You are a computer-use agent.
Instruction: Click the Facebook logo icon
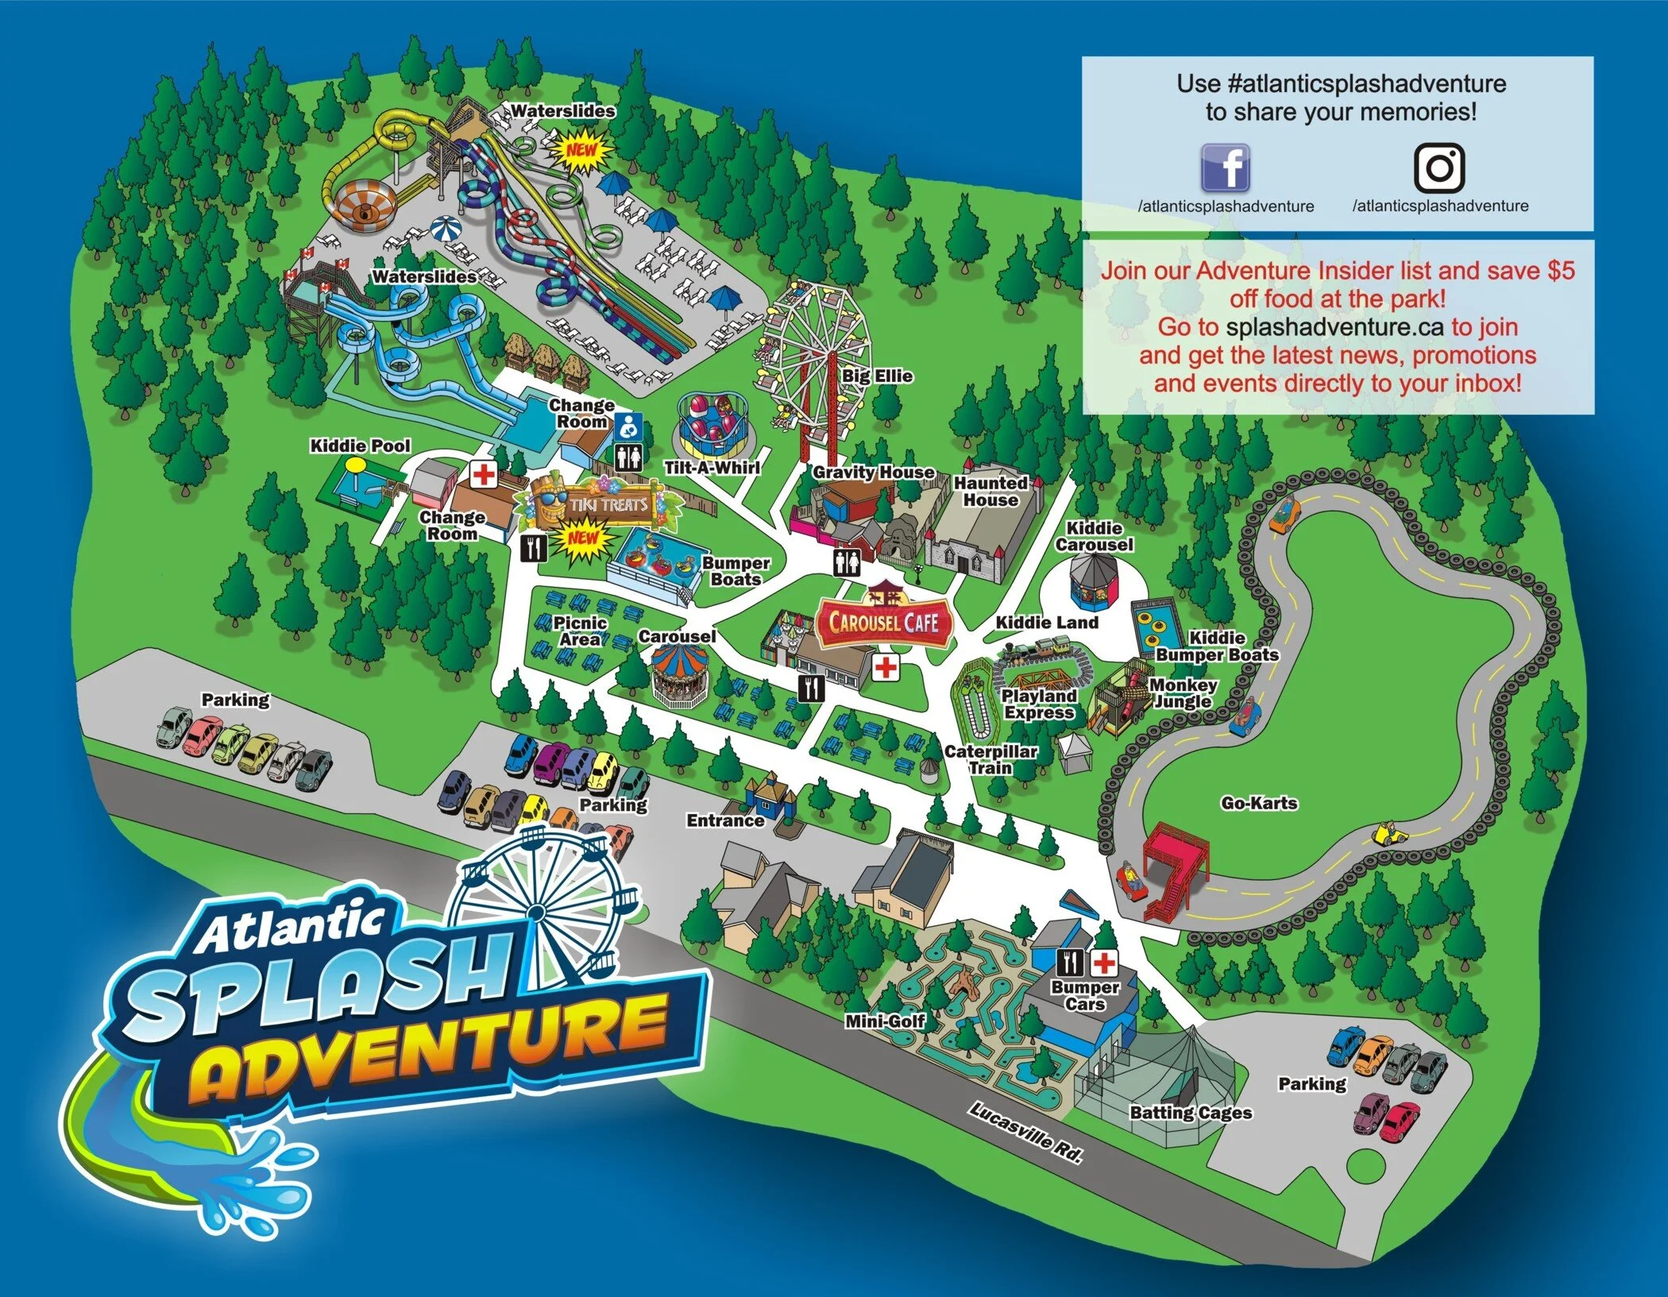tap(1225, 168)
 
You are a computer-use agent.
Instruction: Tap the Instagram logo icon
tap(1439, 168)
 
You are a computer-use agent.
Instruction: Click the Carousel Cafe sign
tap(884, 622)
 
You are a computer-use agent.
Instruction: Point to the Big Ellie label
tap(877, 376)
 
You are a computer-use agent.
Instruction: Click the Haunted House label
tap(990, 492)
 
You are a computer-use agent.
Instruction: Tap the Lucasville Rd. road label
tap(1025, 1133)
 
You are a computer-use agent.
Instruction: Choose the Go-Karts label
tap(1259, 803)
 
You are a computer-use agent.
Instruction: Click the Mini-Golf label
tap(885, 1021)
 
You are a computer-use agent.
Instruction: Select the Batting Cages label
tap(1191, 1113)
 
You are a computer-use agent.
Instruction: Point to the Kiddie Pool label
tap(360, 446)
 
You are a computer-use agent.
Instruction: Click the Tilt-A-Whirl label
tap(712, 468)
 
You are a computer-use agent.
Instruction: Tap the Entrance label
tap(725, 820)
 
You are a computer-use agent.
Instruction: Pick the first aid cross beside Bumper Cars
tap(1103, 963)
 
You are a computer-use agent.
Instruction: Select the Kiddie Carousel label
tap(1094, 536)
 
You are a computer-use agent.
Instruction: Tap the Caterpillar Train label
tap(990, 759)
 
